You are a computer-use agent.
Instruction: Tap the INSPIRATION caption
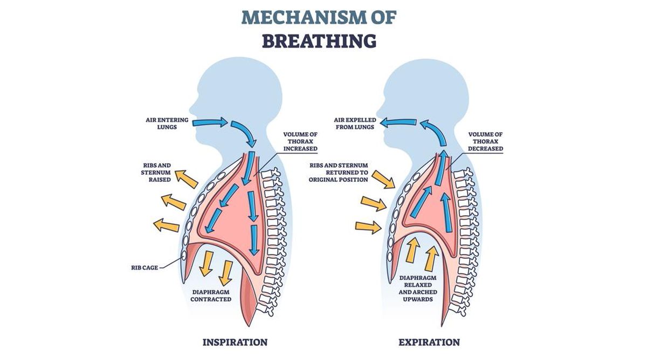[235, 342]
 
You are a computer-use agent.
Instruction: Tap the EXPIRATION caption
[429, 342]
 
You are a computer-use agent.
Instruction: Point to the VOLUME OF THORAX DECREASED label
[485, 141]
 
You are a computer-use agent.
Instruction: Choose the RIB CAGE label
[144, 266]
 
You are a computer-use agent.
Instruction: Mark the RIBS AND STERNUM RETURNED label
[339, 171]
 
